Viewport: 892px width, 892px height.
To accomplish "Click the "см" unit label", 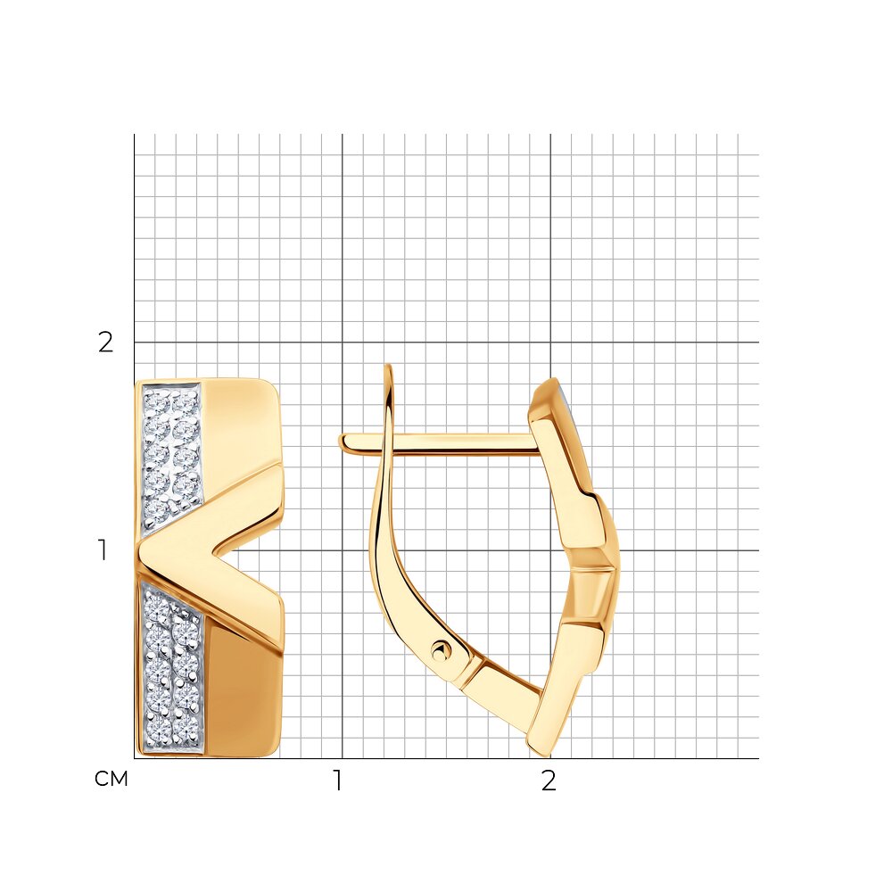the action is (111, 779).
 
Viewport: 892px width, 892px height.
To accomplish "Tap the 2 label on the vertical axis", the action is (106, 343).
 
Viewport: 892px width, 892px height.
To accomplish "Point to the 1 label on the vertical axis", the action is (103, 550).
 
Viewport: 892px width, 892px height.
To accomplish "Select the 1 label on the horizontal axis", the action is (338, 780).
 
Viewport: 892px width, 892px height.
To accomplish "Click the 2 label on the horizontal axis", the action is (549, 780).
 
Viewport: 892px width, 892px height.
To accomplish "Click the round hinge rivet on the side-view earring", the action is (442, 649).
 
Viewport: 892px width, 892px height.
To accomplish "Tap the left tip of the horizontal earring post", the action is (341, 443).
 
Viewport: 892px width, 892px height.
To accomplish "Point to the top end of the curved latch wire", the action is (389, 366).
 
